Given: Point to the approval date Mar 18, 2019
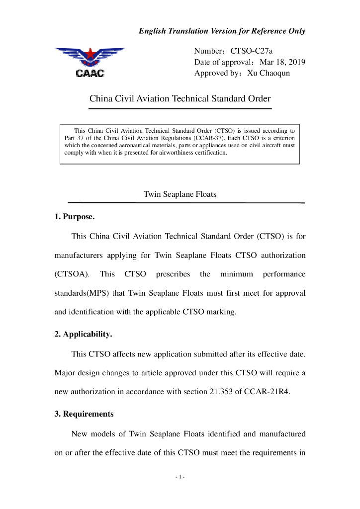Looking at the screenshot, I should [x=282, y=62].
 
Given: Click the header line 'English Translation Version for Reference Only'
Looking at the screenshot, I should [x=222, y=31].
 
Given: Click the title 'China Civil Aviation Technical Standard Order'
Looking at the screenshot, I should [x=180, y=98].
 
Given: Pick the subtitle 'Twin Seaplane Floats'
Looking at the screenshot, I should [x=180, y=194].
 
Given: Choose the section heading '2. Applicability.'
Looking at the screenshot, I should [x=83, y=334].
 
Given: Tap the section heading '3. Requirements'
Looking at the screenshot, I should [x=84, y=414].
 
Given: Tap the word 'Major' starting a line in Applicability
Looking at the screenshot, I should [x=65, y=372].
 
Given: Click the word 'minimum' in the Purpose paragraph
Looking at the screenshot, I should [x=237, y=274].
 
